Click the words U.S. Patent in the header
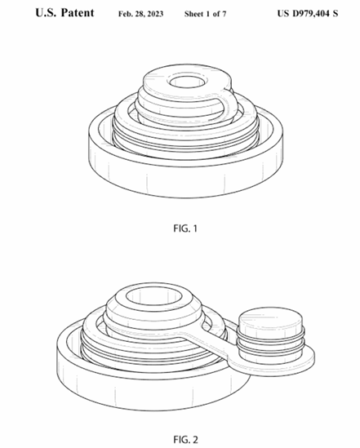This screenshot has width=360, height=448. pos(64,13)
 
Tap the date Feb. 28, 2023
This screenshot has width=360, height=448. pos(141,14)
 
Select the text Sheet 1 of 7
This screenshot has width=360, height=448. pos(205,14)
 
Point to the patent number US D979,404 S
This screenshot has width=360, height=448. pos(308,13)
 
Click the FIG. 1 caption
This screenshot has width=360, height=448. pos(185,228)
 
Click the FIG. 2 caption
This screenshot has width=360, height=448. pos(185,439)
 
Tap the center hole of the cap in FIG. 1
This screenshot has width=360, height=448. pos(188,82)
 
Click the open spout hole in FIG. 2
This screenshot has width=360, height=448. pos(153,296)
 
